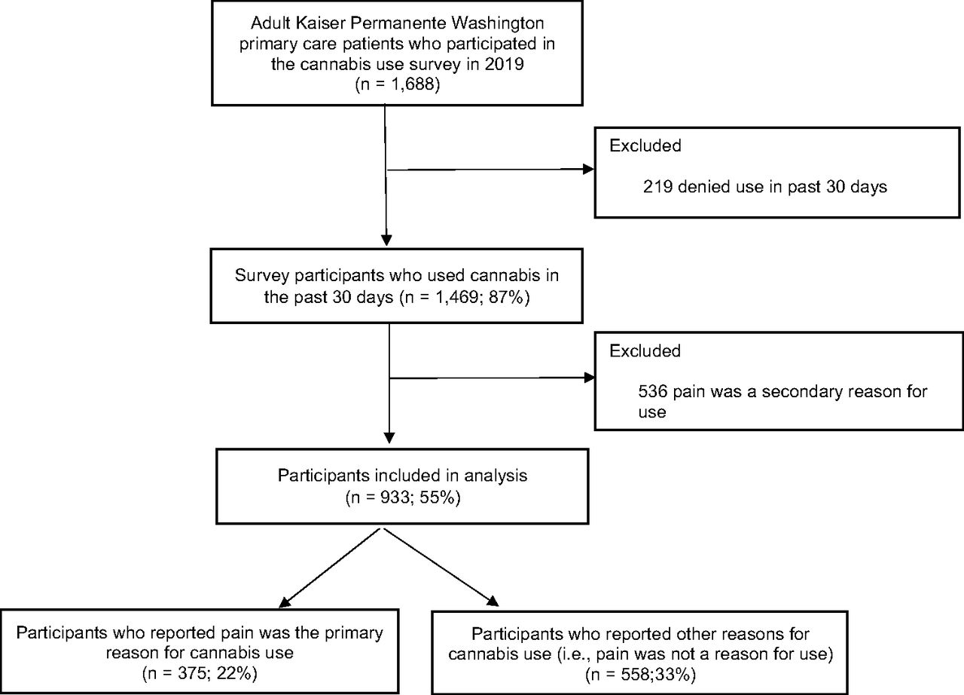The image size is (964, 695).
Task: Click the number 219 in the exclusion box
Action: tap(657, 187)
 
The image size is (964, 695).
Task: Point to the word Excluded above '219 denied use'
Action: tap(645, 146)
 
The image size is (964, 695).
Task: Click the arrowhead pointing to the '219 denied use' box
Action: tap(588, 169)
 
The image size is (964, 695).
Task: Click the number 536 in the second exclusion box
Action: tap(653, 391)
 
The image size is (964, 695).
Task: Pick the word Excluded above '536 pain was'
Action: tap(645, 351)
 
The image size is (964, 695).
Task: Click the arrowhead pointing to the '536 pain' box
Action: tap(589, 378)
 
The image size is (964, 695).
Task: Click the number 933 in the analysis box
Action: tap(395, 498)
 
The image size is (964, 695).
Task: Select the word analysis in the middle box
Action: tap(496, 476)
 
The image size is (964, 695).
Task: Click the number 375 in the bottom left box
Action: tap(192, 673)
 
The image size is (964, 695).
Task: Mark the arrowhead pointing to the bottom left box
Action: tap(285, 602)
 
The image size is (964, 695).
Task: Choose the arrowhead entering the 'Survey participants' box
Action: tap(386, 240)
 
